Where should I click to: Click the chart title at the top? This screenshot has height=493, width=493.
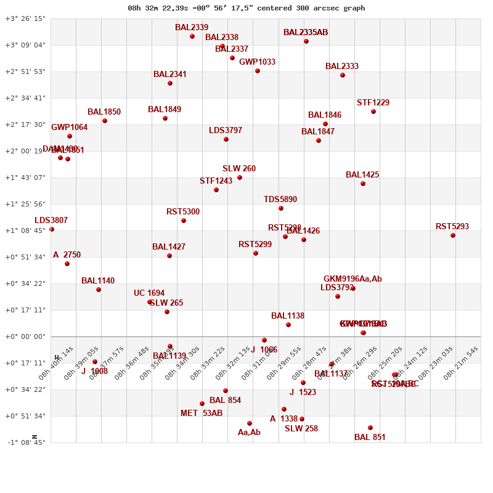pyautogui.click(x=246, y=8)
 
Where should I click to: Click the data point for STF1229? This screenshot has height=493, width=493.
pyautogui.click(x=373, y=112)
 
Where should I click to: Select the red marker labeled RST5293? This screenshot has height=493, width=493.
pyautogui.click(x=453, y=235)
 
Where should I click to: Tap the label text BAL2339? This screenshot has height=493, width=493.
pyautogui.click(x=192, y=28)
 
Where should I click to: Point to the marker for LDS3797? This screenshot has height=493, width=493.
pyautogui.click(x=226, y=139)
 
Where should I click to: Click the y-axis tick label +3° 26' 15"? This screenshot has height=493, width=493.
pyautogui.click(x=25, y=18)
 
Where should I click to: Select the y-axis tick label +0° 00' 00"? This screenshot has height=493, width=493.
pyautogui.click(x=25, y=336)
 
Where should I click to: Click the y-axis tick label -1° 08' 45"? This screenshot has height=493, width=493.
pyautogui.click(x=25, y=442)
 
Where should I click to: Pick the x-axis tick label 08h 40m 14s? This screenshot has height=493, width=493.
pyautogui.click(x=56, y=362)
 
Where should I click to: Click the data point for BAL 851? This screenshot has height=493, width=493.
pyautogui.click(x=370, y=428)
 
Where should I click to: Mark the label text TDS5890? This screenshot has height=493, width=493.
pyautogui.click(x=280, y=200)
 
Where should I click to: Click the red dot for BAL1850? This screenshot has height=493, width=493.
pyautogui.click(x=105, y=121)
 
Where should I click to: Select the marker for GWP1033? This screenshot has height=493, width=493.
pyautogui.click(x=258, y=71)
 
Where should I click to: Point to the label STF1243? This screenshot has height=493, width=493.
pyautogui.click(x=216, y=181)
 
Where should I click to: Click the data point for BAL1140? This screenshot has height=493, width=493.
pyautogui.click(x=99, y=290)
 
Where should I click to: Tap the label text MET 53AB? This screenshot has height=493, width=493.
pyautogui.click(x=202, y=414)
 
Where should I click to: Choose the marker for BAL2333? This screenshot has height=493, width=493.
pyautogui.click(x=343, y=75)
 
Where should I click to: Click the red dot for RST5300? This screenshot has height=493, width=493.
pyautogui.click(x=184, y=221)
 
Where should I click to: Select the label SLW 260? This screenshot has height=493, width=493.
pyautogui.click(x=239, y=169)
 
